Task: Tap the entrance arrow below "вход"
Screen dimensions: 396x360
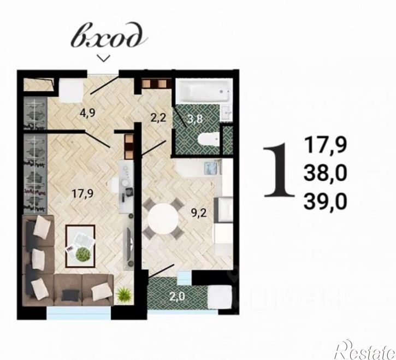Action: point(104,58)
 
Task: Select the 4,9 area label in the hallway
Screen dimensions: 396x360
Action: point(87,113)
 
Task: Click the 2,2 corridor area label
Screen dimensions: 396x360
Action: point(158,118)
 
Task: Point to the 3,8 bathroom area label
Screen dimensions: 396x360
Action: point(194,119)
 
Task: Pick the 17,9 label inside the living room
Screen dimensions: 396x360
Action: point(82,193)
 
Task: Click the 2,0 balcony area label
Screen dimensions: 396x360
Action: point(177,296)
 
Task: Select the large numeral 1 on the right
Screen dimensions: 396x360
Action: point(279,170)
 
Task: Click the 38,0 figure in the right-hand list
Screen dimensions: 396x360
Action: point(325,174)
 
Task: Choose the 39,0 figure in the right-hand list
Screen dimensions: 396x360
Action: point(325,202)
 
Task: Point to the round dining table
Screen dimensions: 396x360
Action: point(163,219)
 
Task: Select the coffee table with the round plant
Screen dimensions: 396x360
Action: point(80,246)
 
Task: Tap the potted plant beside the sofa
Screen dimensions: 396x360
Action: point(123,294)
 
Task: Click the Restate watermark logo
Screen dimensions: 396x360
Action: point(366,350)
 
